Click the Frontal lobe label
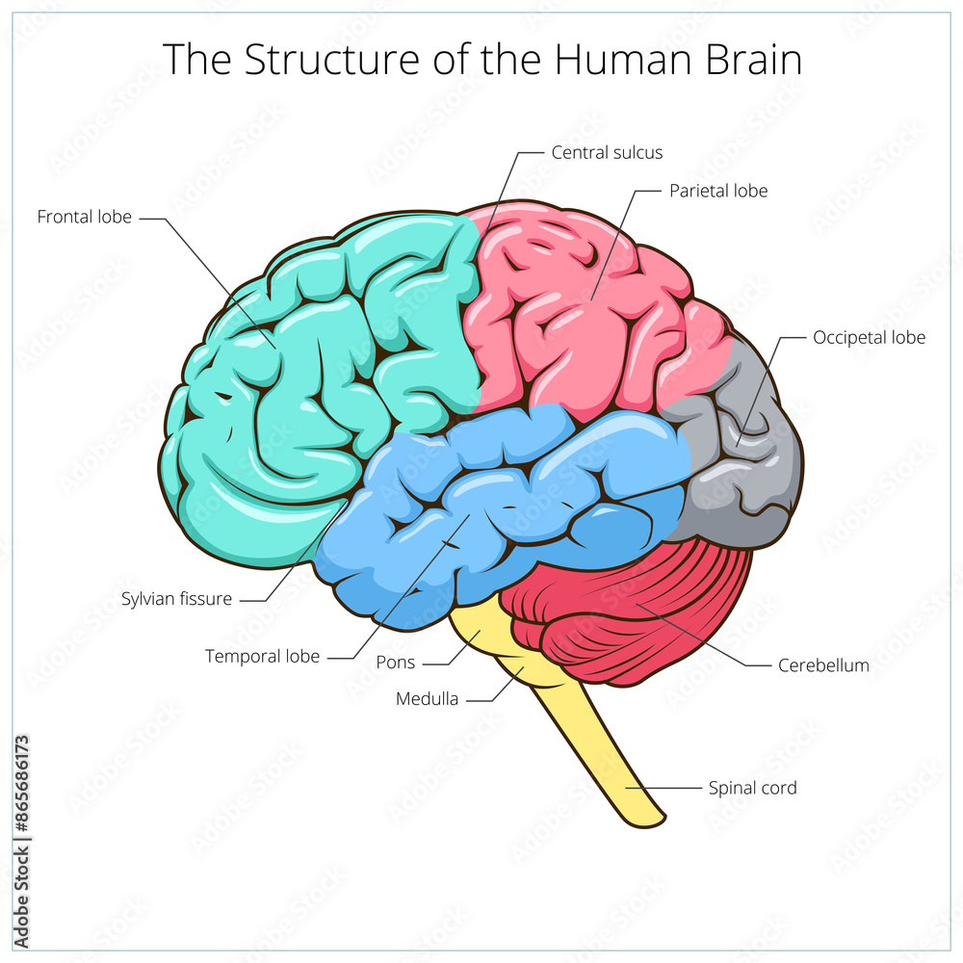tap(85, 217)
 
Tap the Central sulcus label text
tap(607, 152)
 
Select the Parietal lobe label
tap(718, 191)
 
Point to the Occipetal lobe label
tap(869, 337)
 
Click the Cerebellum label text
tap(823, 664)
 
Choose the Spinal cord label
tap(752, 788)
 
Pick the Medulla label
tap(427, 699)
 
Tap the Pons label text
tap(395, 663)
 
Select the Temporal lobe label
tap(262, 656)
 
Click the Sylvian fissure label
tap(176, 599)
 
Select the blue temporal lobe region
tap(501, 501)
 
